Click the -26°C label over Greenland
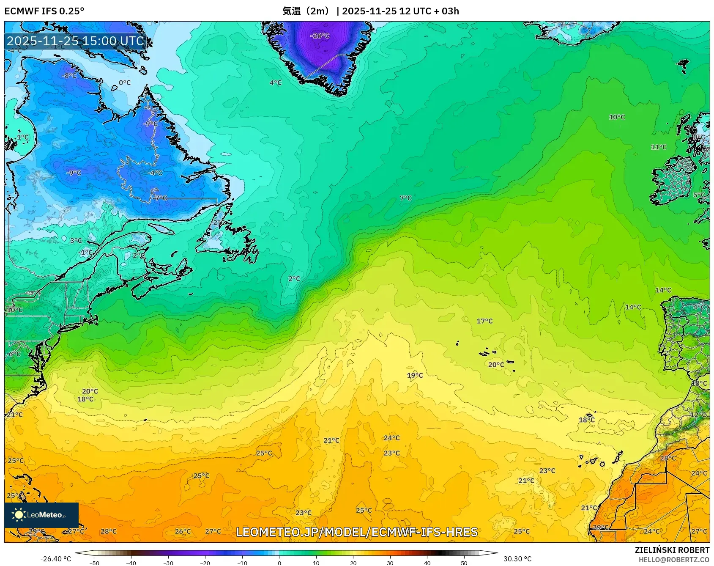[x=320, y=36]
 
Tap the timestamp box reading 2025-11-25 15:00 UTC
[x=76, y=41]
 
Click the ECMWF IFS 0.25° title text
[x=44, y=11]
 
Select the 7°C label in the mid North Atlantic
[x=405, y=198]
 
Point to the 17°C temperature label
[x=484, y=321]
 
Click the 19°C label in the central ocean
[x=415, y=375]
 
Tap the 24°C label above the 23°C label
[x=391, y=438]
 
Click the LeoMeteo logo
[x=41, y=515]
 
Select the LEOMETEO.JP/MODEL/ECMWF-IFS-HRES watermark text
[x=357, y=532]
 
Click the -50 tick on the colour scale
[x=94, y=563]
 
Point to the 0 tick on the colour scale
[x=279, y=563]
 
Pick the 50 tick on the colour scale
[x=464, y=563]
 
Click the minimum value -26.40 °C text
[x=55, y=559]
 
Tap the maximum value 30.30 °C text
[x=517, y=559]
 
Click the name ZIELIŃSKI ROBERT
[x=672, y=550]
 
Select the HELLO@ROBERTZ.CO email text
[x=674, y=560]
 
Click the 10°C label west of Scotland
[x=617, y=117]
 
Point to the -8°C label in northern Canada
[x=69, y=76]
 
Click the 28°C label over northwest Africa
[x=667, y=458]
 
